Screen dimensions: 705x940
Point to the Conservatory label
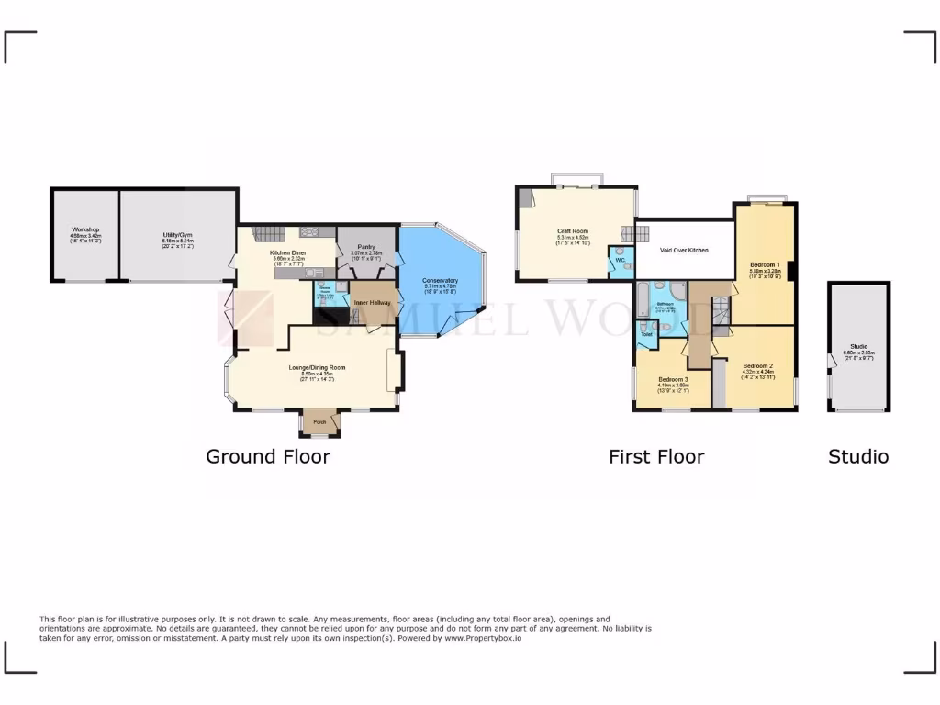tap(441, 280)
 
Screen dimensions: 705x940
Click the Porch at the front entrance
tap(319, 422)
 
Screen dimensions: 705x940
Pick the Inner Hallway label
tap(374, 302)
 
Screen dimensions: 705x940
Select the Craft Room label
tap(572, 231)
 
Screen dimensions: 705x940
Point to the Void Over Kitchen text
tap(685, 250)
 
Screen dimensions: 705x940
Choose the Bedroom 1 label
tap(765, 264)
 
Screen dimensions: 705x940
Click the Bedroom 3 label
tap(673, 379)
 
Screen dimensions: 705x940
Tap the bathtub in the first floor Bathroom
tap(643, 300)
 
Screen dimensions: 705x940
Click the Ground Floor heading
tap(267, 456)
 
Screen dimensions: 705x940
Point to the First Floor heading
tap(656, 456)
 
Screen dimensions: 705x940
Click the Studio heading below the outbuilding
tap(858, 456)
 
